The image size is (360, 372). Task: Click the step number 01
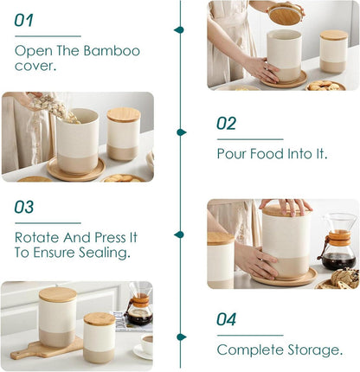pyautogui.click(x=23, y=20)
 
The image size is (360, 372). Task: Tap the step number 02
pyautogui.click(x=226, y=123)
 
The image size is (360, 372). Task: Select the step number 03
pyautogui.click(x=24, y=207)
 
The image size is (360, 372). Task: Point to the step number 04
pyautogui.click(x=226, y=319)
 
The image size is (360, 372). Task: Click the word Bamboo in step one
pyautogui.click(x=112, y=51)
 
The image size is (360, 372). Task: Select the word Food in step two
pyautogui.click(x=267, y=153)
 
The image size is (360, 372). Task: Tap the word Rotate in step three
pyautogui.click(x=37, y=237)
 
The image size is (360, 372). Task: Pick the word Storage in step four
pyautogui.click(x=315, y=350)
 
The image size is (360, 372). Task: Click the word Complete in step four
pyautogui.click(x=250, y=350)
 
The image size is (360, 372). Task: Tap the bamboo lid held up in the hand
pyautogui.click(x=285, y=14)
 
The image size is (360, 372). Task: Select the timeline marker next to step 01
pyautogui.click(x=179, y=29)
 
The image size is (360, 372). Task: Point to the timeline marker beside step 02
pyautogui.click(x=182, y=132)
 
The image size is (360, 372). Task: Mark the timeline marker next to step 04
pyautogui.click(x=182, y=337)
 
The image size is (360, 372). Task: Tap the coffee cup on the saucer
pyautogui.click(x=147, y=344)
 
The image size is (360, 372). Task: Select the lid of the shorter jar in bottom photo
pyautogui.click(x=100, y=318)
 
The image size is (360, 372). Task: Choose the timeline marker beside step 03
pyautogui.click(x=179, y=234)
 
